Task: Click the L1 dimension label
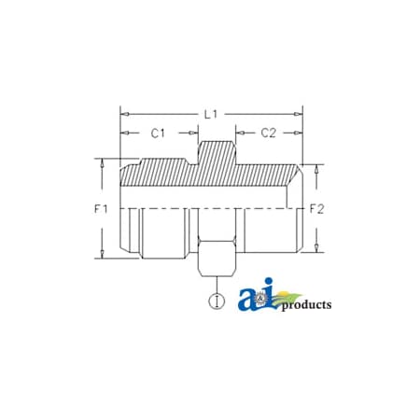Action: coord(212,113)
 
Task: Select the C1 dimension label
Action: coord(160,133)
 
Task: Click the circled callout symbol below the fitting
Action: coord(217,301)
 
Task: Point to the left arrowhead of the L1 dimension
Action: coord(123,114)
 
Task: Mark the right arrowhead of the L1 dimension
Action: coord(300,114)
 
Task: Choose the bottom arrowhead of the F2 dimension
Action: coord(319,250)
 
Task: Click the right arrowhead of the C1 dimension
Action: coord(194,133)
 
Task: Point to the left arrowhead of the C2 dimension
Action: coord(239,133)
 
